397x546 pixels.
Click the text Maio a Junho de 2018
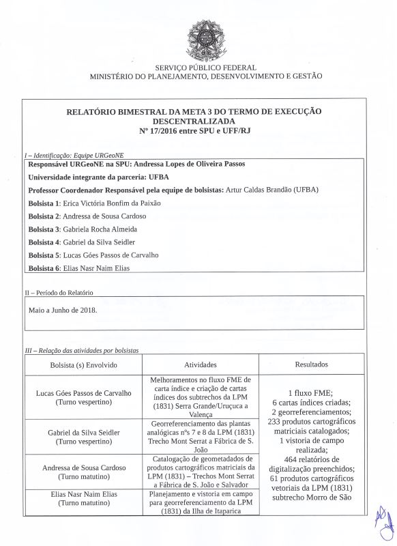(63, 309)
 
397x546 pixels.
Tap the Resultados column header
(311, 365)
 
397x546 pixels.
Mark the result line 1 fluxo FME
(311, 393)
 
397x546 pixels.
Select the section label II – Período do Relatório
(59, 292)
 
